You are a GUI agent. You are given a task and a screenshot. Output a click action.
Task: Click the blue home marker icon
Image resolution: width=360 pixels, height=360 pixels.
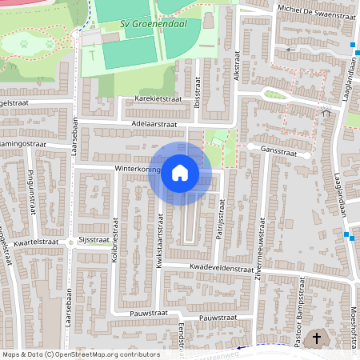[180, 172]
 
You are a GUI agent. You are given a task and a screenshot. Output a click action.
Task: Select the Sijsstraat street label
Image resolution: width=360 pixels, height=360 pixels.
[94, 239]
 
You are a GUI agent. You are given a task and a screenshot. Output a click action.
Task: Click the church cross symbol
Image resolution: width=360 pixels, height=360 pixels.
[317, 338]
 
